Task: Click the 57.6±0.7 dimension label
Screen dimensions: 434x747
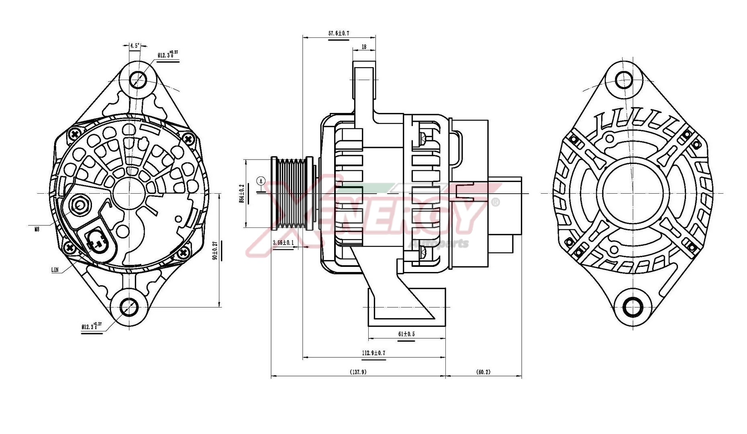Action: (x=339, y=33)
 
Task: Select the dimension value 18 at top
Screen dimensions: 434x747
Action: (x=364, y=47)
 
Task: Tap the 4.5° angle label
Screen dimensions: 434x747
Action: (x=135, y=45)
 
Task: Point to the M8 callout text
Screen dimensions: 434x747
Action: (x=37, y=229)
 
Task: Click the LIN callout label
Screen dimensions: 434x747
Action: (x=55, y=270)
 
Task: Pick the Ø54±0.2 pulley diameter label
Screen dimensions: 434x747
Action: (x=242, y=193)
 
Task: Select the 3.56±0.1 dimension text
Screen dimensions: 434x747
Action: (x=283, y=243)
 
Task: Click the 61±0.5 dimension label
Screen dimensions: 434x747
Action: (x=406, y=334)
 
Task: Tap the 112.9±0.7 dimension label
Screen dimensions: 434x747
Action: (x=373, y=353)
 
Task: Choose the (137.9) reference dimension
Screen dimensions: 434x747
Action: (x=358, y=372)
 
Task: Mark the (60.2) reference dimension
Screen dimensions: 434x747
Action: (x=483, y=372)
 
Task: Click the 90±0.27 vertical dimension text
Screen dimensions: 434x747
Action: (x=215, y=250)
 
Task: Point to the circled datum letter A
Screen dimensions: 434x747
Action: (x=261, y=181)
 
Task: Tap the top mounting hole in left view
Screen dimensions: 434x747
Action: (x=138, y=79)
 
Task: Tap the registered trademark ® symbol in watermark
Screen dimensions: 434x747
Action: (x=496, y=202)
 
